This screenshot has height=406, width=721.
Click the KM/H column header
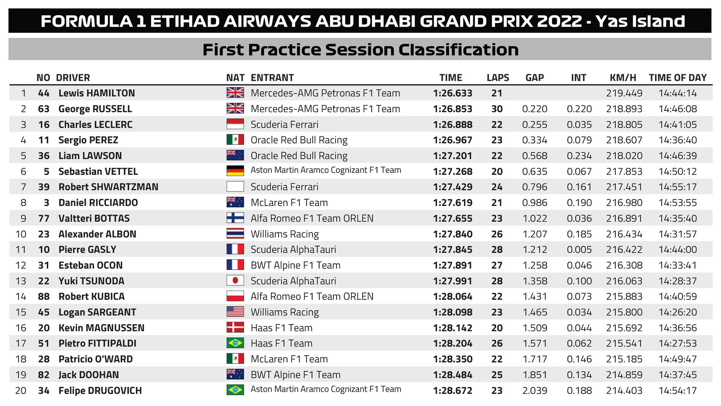coord(623,78)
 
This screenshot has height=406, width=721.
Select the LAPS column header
coord(498,78)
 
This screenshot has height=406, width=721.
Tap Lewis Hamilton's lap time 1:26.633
coord(453,93)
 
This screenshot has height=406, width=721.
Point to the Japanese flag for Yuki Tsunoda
coord(235,280)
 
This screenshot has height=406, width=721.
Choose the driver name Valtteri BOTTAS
coord(94,218)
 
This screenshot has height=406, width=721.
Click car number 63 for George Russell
coord(44,109)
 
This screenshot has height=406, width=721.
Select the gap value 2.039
coord(535,390)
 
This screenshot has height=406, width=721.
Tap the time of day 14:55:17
coord(678,187)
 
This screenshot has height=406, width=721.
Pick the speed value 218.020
coord(624,156)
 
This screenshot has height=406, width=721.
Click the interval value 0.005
coord(579,250)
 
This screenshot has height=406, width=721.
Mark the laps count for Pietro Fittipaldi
coord(497,344)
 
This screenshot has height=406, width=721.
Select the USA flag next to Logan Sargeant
coord(235,311)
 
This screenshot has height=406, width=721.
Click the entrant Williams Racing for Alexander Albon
coord(285,234)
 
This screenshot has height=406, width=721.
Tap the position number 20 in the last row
coord(21,390)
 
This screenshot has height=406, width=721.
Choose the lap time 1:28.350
coord(453,359)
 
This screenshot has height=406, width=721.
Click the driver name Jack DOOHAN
coord(89,375)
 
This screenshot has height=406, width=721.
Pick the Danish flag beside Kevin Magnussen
coord(235,327)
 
